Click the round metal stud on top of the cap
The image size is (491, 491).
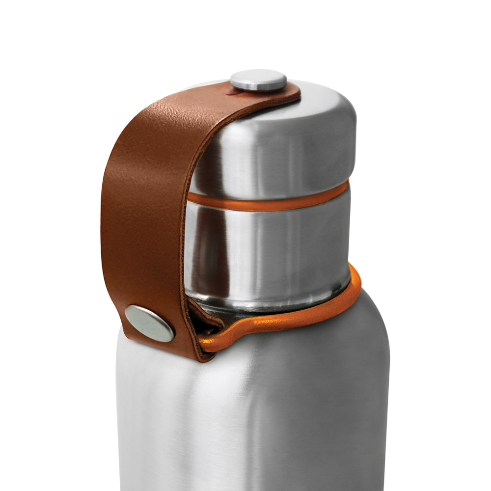click(x=259, y=80)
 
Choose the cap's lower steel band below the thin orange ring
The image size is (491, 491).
click(x=275, y=245)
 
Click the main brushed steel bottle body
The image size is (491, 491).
click(x=255, y=417)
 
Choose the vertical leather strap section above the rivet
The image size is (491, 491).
click(x=142, y=236)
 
